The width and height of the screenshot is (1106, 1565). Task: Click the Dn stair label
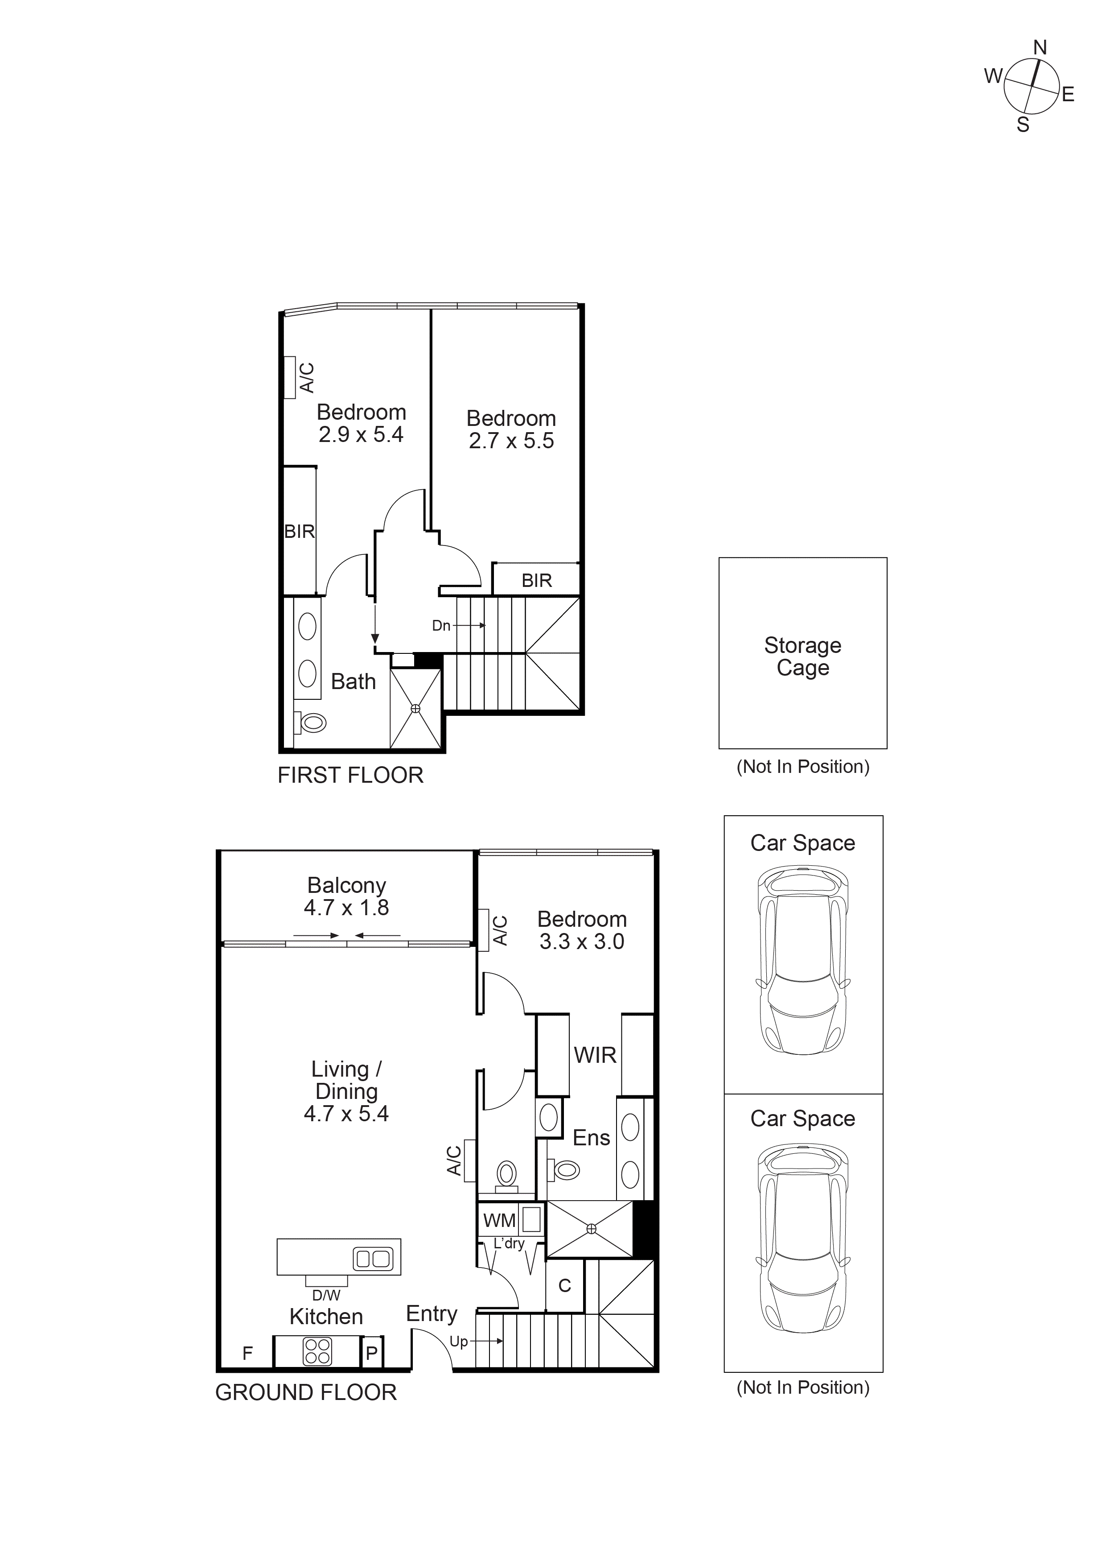pos(441,626)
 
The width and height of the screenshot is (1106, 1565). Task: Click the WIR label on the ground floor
pos(595,1055)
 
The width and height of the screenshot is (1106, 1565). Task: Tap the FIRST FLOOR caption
pos(350,775)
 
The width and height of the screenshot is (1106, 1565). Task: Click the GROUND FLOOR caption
pos(306,1392)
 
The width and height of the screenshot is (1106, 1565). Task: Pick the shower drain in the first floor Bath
pos(415,709)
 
